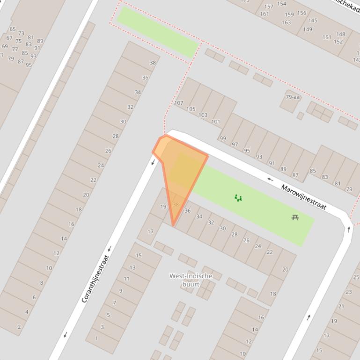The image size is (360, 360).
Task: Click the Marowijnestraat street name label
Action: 303,197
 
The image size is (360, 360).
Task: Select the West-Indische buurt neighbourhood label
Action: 191,280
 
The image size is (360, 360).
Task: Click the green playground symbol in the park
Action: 238,198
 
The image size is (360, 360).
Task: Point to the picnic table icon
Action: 295,217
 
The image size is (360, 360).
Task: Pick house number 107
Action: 178,103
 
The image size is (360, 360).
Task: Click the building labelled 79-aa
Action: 293,97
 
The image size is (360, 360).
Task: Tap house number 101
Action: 215,122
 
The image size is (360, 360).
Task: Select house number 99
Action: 223,138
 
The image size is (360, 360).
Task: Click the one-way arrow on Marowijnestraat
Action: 270,179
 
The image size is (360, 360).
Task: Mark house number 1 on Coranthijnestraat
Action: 96,338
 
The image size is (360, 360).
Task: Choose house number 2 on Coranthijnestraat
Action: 19,327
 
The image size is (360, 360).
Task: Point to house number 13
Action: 132,268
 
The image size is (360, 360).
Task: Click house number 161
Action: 264,14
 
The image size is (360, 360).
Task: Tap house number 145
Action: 313,20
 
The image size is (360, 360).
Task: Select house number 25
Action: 356,277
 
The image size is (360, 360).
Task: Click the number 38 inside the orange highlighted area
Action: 176,204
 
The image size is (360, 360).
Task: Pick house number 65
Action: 13,29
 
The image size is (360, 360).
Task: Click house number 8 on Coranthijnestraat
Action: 42,282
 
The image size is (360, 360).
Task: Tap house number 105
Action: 191,109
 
